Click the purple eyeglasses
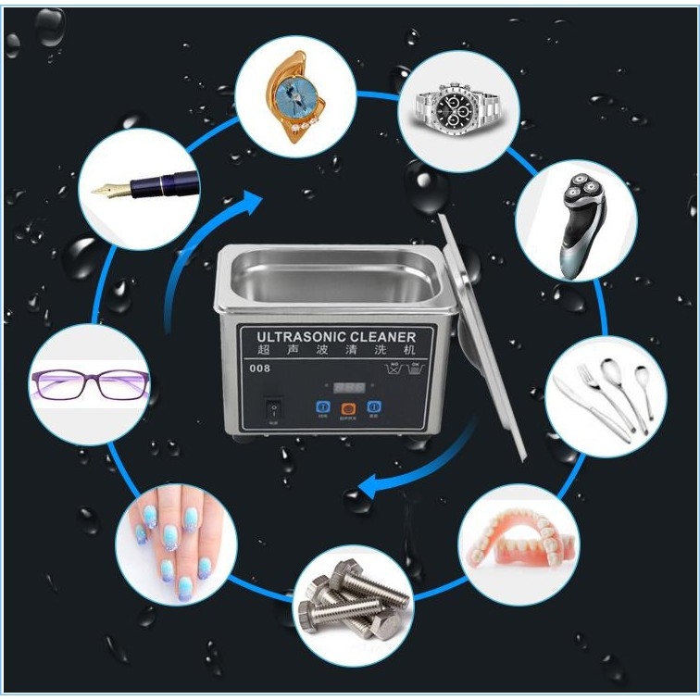89,383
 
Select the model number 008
261,369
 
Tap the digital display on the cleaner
351,385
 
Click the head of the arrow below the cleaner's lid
366,483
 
